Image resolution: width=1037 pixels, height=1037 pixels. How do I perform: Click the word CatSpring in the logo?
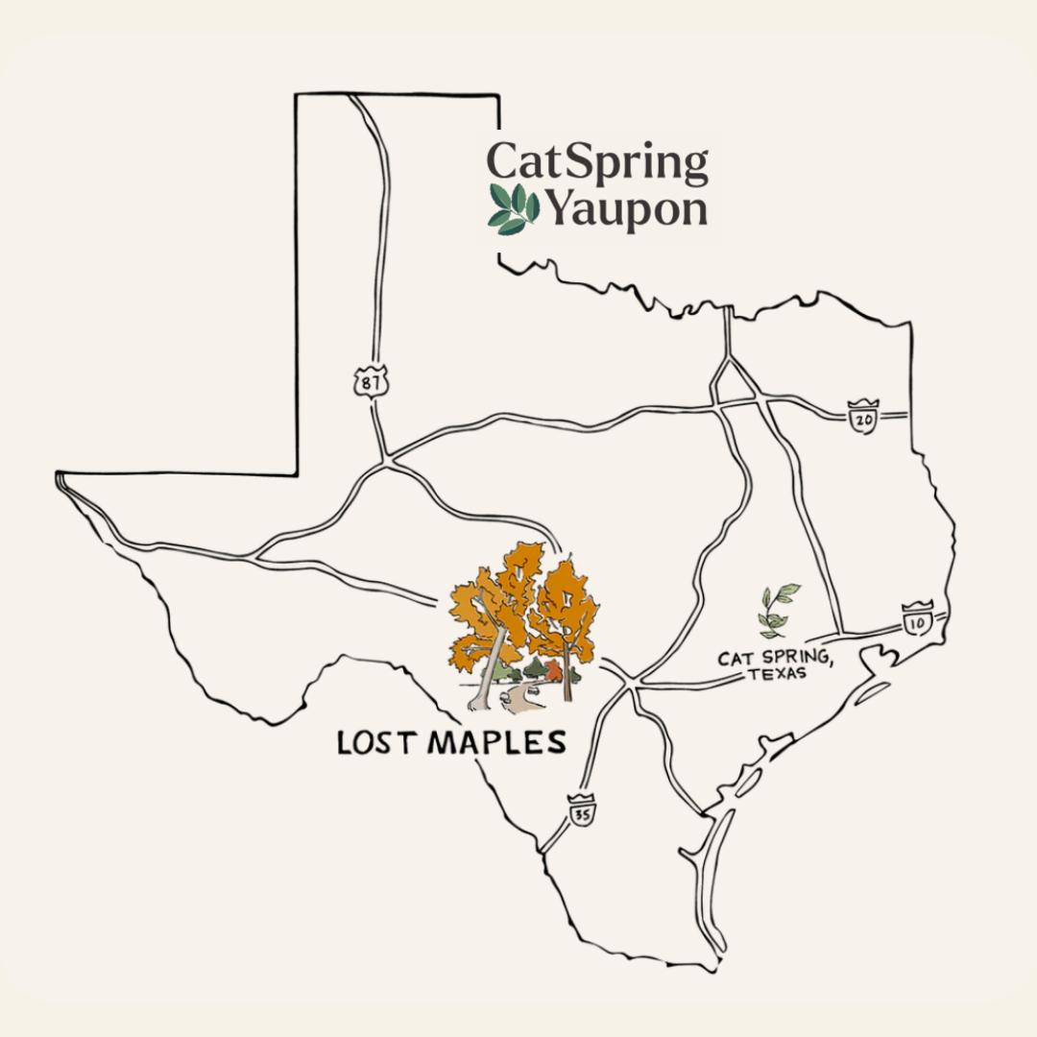click(597, 163)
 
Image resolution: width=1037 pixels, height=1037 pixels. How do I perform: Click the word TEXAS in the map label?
click(776, 674)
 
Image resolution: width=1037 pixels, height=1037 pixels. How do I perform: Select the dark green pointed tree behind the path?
click(536, 666)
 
